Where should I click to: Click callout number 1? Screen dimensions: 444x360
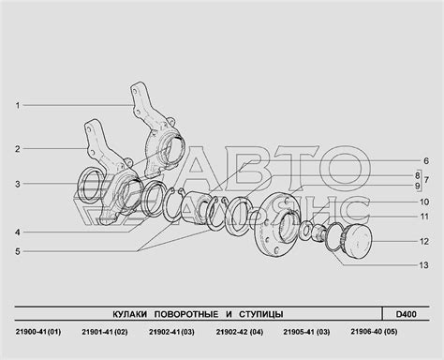(x=18, y=106)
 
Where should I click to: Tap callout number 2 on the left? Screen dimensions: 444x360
(x=18, y=149)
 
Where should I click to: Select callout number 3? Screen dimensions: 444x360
(x=18, y=184)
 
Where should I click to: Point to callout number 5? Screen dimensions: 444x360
(x=18, y=251)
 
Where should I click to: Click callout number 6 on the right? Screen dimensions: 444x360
(x=426, y=161)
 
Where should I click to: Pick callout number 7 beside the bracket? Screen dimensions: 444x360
(x=426, y=180)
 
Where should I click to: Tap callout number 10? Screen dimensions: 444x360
(x=424, y=202)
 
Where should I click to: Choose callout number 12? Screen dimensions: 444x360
(x=424, y=242)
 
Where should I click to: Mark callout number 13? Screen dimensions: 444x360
(x=424, y=265)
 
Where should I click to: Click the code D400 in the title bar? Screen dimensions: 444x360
(x=407, y=314)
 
